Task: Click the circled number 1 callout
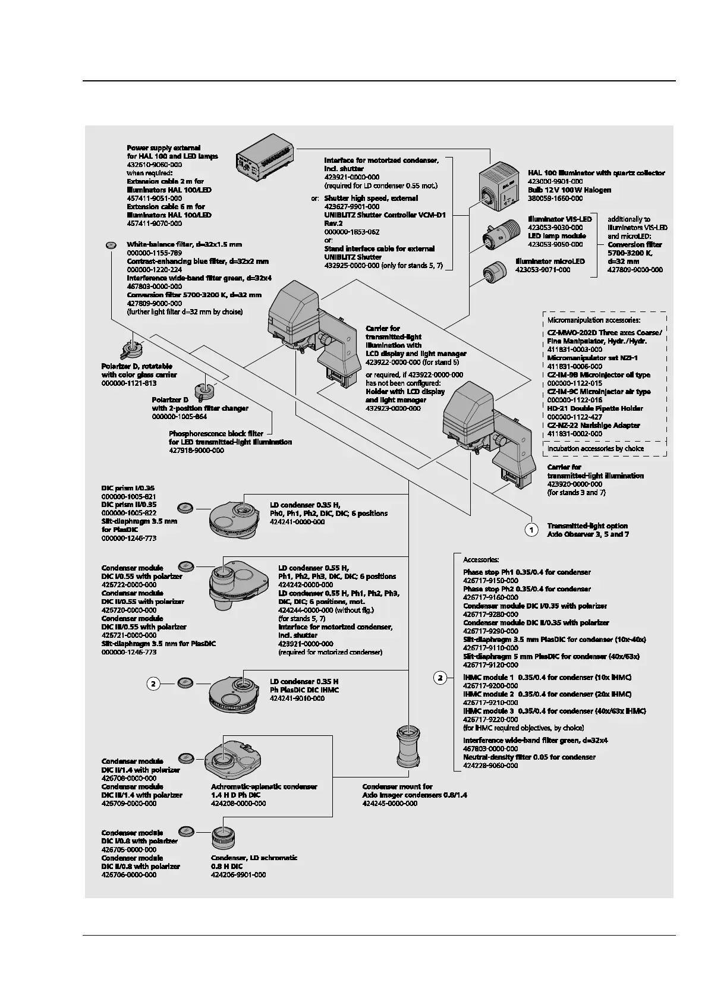click(x=532, y=530)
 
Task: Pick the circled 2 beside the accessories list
click(x=440, y=677)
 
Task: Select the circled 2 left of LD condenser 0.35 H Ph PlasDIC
click(x=153, y=684)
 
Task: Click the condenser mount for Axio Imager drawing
click(x=409, y=747)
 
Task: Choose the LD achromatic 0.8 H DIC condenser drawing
click(x=226, y=838)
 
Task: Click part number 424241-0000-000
click(x=297, y=522)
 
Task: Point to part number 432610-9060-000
click(x=155, y=164)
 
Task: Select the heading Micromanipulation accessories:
click(x=594, y=320)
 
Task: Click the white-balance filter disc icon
click(x=111, y=245)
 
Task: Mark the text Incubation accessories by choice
click(x=595, y=449)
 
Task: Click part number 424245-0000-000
click(x=390, y=803)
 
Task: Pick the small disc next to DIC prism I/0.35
click(x=185, y=508)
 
